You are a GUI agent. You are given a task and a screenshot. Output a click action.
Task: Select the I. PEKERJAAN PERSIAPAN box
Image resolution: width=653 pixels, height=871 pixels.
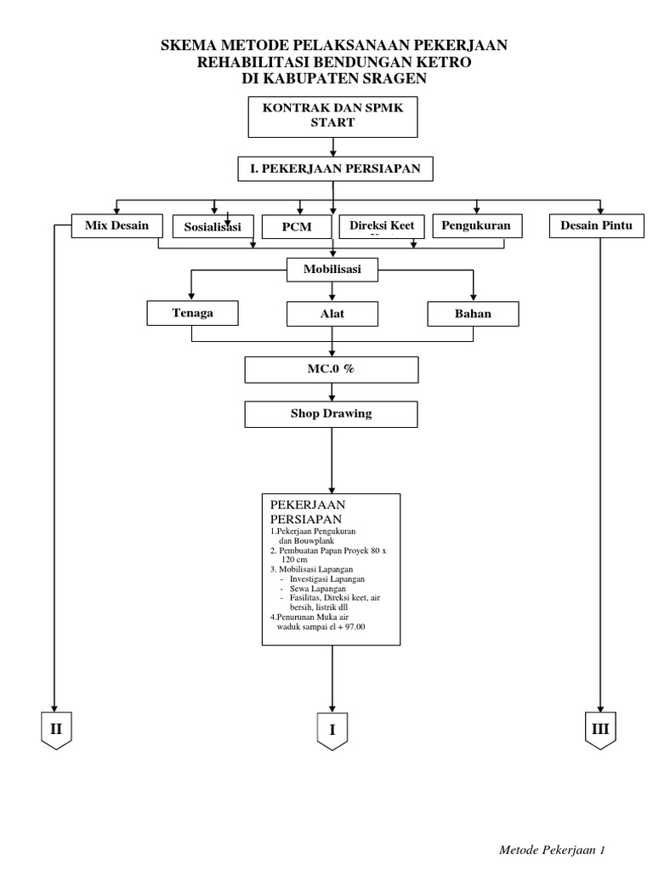(334, 169)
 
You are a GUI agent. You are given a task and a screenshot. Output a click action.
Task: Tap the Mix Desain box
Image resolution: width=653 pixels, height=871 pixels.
(116, 226)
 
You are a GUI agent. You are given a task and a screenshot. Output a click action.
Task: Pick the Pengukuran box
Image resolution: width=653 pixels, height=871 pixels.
(477, 226)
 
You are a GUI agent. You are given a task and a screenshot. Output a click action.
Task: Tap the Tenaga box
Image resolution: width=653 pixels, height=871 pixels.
(192, 313)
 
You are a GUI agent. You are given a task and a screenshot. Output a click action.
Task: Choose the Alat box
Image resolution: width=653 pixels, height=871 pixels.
(332, 314)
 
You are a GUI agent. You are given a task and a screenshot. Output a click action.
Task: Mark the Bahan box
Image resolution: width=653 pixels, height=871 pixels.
(473, 314)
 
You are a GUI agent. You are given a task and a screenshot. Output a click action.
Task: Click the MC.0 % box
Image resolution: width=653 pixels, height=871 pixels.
(332, 370)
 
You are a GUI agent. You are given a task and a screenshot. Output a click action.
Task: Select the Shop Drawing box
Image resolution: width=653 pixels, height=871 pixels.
(332, 414)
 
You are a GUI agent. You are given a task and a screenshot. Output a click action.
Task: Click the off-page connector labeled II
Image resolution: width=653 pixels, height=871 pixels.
(56, 729)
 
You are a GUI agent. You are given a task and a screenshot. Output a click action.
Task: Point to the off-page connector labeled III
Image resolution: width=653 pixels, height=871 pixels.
(601, 729)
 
